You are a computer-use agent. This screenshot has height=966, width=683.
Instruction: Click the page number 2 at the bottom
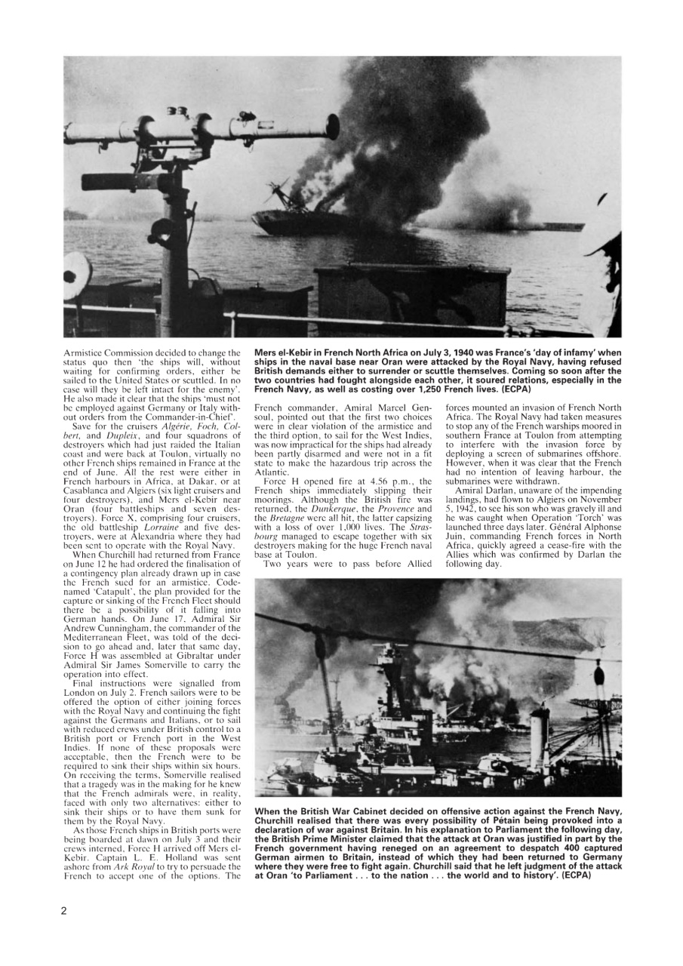(x=64, y=910)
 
